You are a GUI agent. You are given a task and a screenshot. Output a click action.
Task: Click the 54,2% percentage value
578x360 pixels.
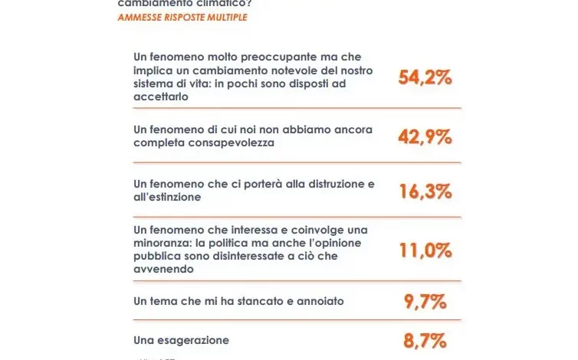tap(425, 77)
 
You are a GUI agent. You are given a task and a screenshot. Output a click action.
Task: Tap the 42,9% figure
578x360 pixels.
tap(425, 136)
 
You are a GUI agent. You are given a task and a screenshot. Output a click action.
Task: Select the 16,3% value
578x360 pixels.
tap(425, 191)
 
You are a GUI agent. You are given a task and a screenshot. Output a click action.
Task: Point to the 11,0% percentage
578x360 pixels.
tap(425, 250)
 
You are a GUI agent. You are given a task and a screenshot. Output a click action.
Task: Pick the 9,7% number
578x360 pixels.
tap(425, 302)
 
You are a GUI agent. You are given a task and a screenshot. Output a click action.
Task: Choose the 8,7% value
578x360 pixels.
tap(425, 340)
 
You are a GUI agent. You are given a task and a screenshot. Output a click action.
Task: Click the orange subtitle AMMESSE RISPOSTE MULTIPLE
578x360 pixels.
tap(182, 17)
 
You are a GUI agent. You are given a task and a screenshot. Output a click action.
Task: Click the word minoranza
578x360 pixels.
tap(163, 243)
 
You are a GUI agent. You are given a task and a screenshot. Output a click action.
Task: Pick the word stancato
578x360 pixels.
tap(258, 301)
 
